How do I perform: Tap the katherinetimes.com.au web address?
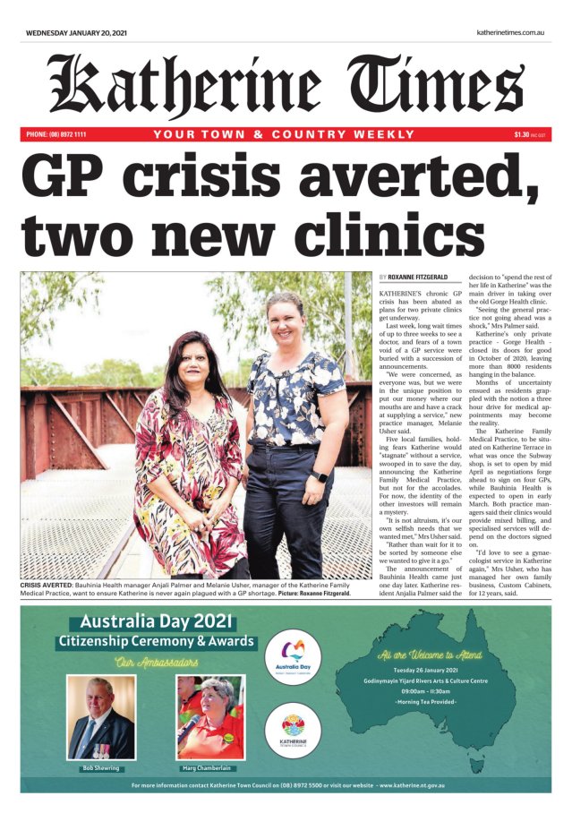point(511,32)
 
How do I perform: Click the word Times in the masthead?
point(438,86)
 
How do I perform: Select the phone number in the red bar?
point(56,134)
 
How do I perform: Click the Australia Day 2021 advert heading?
point(157,620)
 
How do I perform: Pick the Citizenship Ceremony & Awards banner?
point(157,641)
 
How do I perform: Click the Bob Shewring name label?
point(100,768)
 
